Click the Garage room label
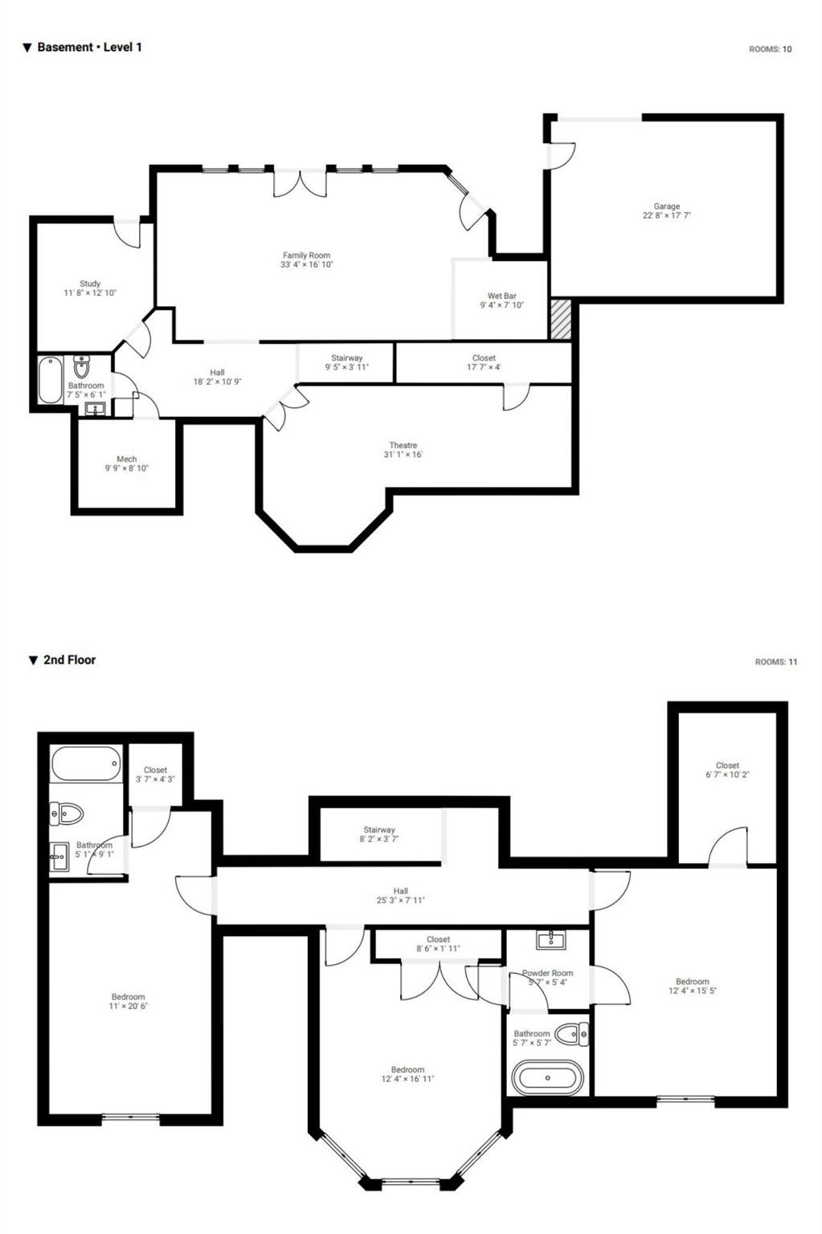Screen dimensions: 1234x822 click(666, 206)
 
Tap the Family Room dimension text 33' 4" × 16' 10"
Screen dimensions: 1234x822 click(306, 264)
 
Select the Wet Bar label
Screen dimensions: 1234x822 click(501, 296)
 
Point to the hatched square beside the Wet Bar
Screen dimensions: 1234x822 click(560, 319)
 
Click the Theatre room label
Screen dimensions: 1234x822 click(403, 445)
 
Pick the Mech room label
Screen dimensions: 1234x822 click(126, 459)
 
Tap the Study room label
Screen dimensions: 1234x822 click(90, 284)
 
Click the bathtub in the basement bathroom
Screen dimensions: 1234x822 click(51, 380)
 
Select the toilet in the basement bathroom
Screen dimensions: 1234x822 click(82, 367)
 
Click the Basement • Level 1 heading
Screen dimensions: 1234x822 click(88, 47)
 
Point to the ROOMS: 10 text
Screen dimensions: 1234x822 click(770, 49)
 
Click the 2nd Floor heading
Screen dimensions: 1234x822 click(69, 660)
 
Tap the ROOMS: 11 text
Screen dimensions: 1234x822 click(775, 662)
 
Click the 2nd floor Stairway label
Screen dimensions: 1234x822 click(378, 830)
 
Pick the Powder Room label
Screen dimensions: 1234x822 click(548, 973)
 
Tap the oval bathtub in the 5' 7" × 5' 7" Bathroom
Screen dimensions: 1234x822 click(547, 1077)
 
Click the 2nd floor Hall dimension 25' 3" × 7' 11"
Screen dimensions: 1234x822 click(400, 901)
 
